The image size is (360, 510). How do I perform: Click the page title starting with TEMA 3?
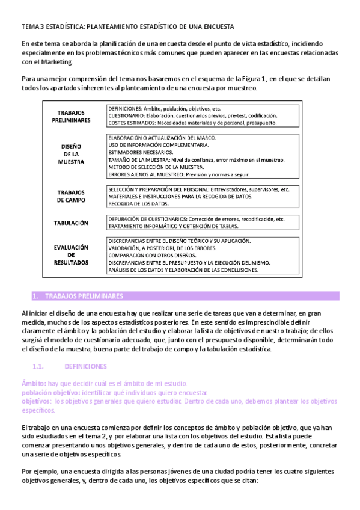pyautogui.click(x=127, y=27)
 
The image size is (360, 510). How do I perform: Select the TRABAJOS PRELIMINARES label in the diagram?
pyautogui.click(x=71, y=117)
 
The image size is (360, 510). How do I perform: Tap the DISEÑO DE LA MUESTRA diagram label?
pyautogui.click(x=71, y=153)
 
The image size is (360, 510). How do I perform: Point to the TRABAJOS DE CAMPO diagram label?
pyautogui.click(x=71, y=195)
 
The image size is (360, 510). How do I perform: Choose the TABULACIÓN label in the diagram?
pyautogui.click(x=71, y=223)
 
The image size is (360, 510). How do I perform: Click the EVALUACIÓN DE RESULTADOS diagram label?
pyautogui.click(x=71, y=254)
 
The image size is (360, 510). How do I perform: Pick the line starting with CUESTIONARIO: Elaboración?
pyautogui.click(x=192, y=115)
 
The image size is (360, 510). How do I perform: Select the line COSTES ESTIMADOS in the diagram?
pyautogui.click(x=192, y=123)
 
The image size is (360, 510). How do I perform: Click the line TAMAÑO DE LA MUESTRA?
pyautogui.click(x=197, y=160)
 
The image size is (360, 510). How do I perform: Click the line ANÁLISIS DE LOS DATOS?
pyautogui.click(x=183, y=270)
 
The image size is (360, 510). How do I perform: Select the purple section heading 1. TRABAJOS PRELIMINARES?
pyautogui.click(x=78, y=296)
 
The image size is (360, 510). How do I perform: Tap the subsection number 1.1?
pyautogui.click(x=39, y=366)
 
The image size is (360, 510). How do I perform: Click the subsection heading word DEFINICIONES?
pyautogui.click(x=85, y=366)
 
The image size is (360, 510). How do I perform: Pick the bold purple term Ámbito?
pyautogui.click(x=34, y=384)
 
